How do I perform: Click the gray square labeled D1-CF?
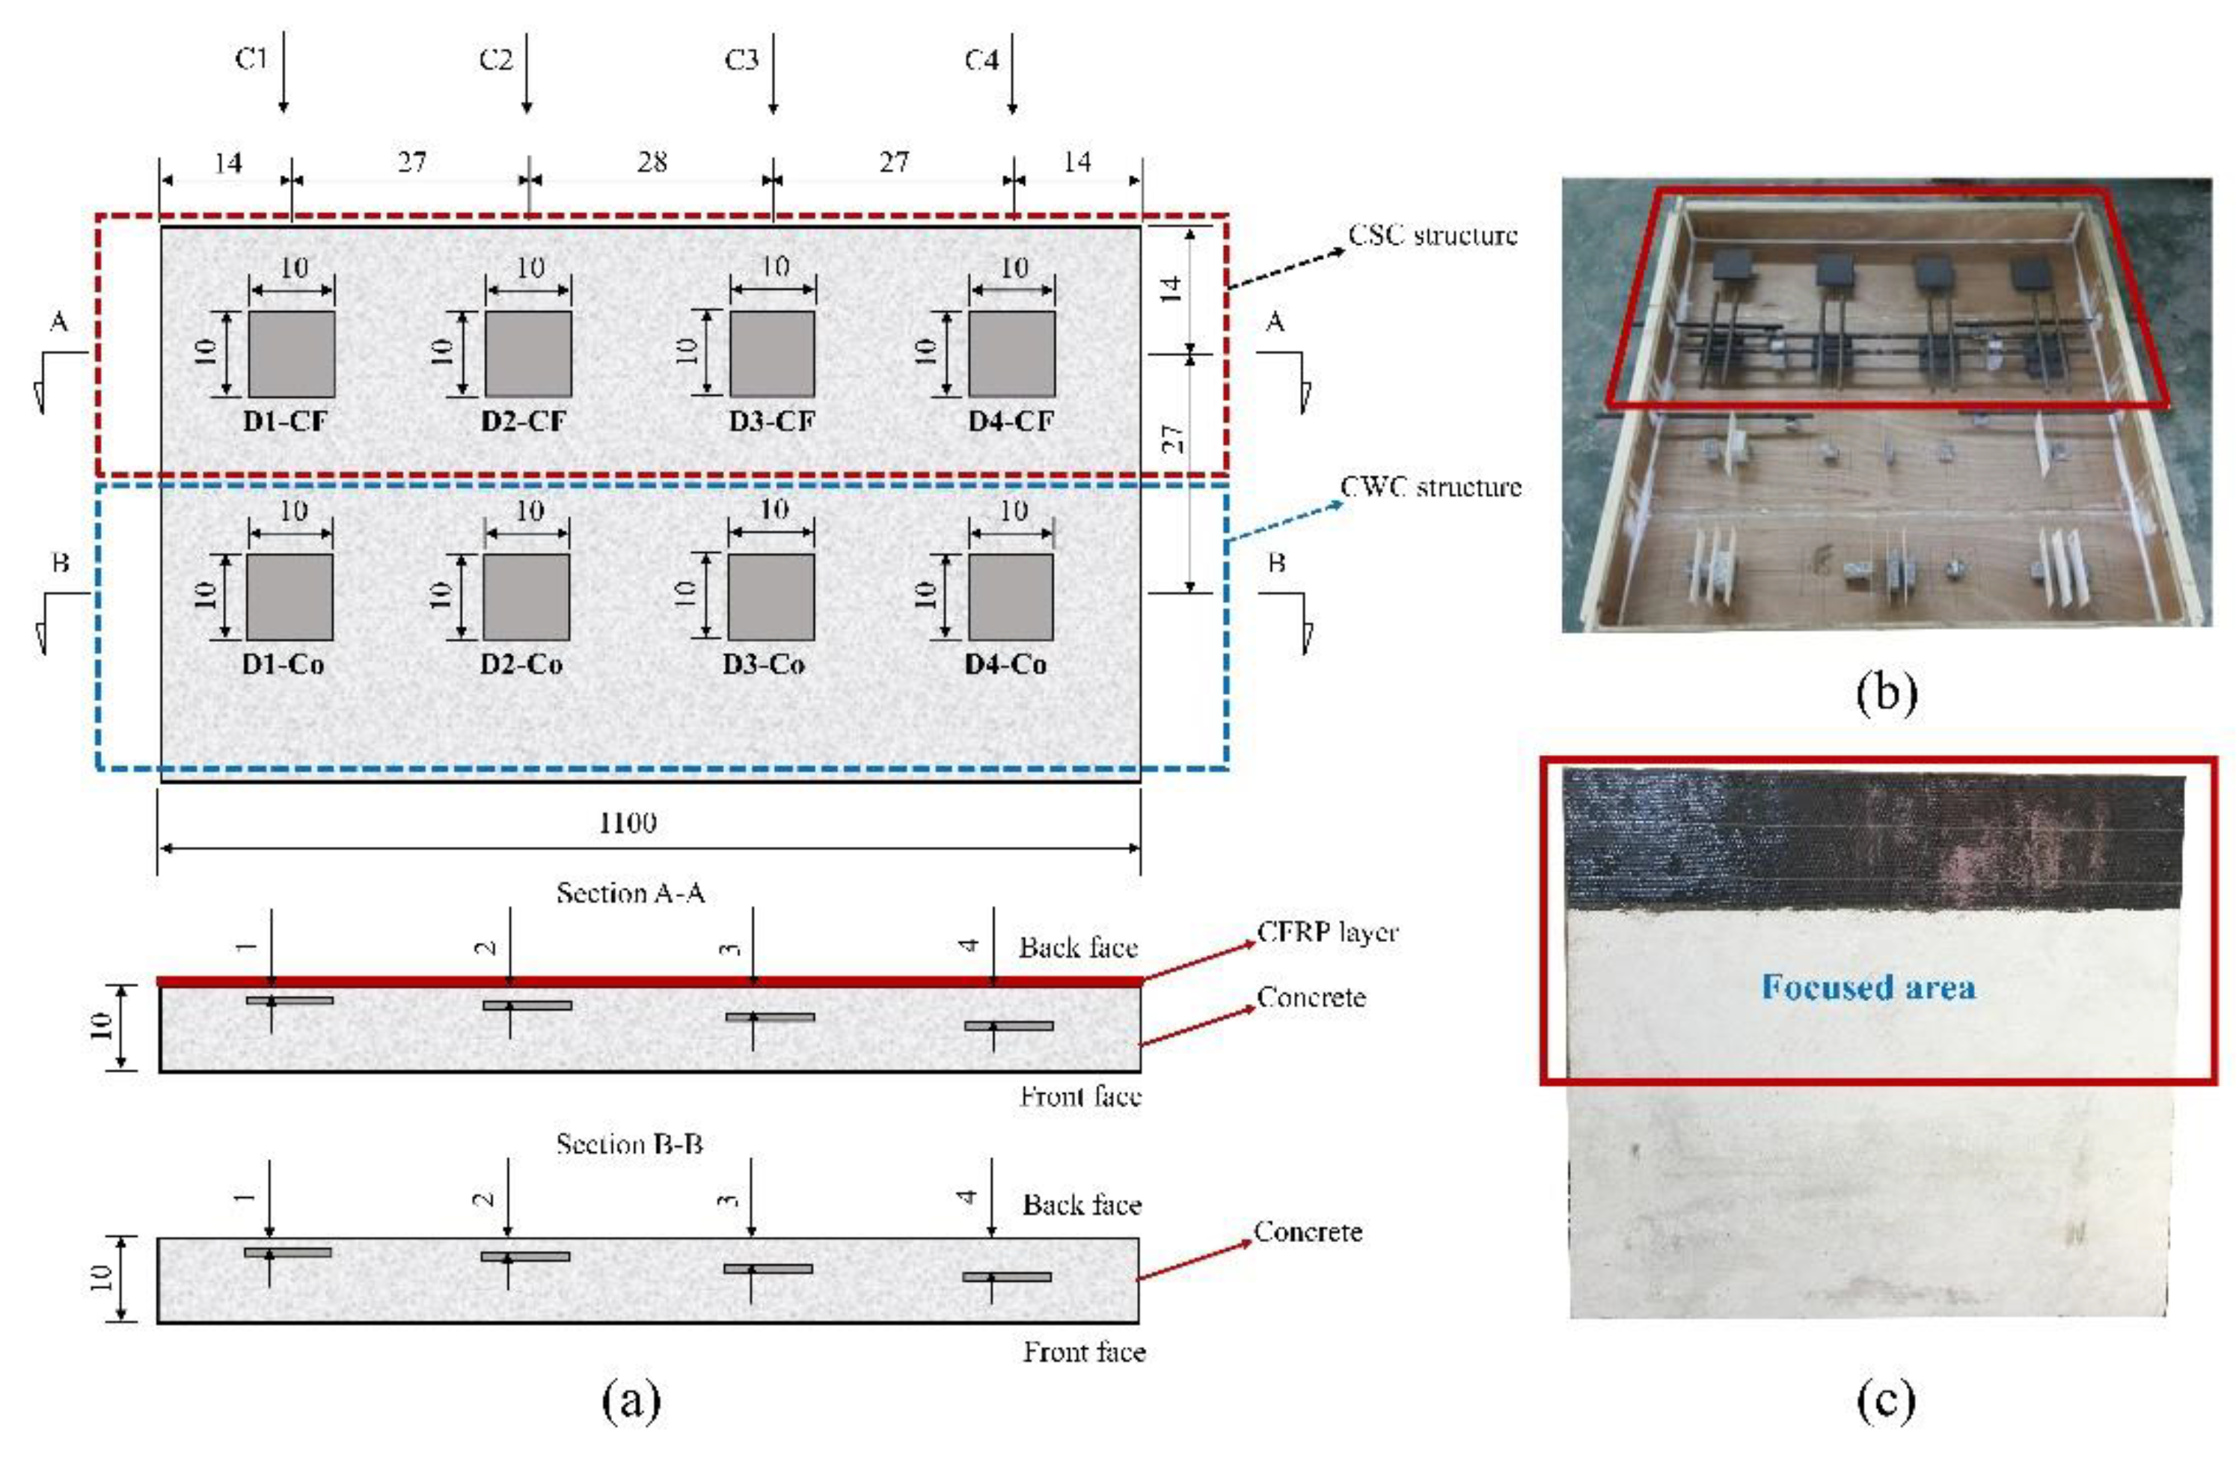292,355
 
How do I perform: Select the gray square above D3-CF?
772,355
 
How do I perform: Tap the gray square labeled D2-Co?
526,597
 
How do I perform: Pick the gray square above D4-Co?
1011,597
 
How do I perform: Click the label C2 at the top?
496,60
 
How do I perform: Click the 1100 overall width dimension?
628,823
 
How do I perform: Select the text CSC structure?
1432,235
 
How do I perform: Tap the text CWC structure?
1430,487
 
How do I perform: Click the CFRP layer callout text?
1327,932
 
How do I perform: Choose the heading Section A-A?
631,893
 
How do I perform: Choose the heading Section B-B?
629,1144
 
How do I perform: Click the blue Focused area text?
1869,987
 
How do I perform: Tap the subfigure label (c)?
1886,1399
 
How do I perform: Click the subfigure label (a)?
631,1401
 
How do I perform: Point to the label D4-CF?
1011,421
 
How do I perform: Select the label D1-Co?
284,664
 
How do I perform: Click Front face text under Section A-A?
1081,1096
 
